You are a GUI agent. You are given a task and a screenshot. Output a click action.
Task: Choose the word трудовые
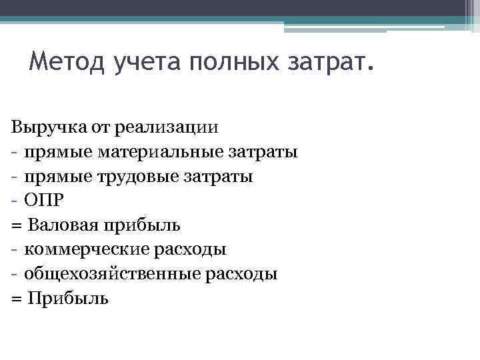[x=126, y=177]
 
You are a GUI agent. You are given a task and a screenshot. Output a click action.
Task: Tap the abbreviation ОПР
[x=43, y=201]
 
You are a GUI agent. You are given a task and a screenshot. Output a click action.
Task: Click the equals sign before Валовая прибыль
[x=16, y=225]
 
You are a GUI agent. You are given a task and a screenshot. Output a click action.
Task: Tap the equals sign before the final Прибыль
[x=16, y=298]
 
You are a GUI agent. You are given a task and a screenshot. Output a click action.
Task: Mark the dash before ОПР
[x=14, y=201]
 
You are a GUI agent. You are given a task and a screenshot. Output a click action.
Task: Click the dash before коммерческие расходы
[x=14, y=249]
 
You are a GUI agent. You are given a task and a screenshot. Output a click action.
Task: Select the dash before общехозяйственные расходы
[x=14, y=273]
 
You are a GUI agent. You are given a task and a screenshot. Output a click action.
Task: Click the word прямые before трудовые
[x=57, y=177]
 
